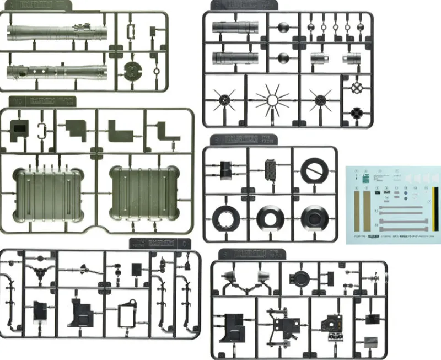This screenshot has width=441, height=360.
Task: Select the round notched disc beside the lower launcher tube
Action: point(133,70)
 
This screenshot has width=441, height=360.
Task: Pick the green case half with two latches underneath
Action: point(144,193)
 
